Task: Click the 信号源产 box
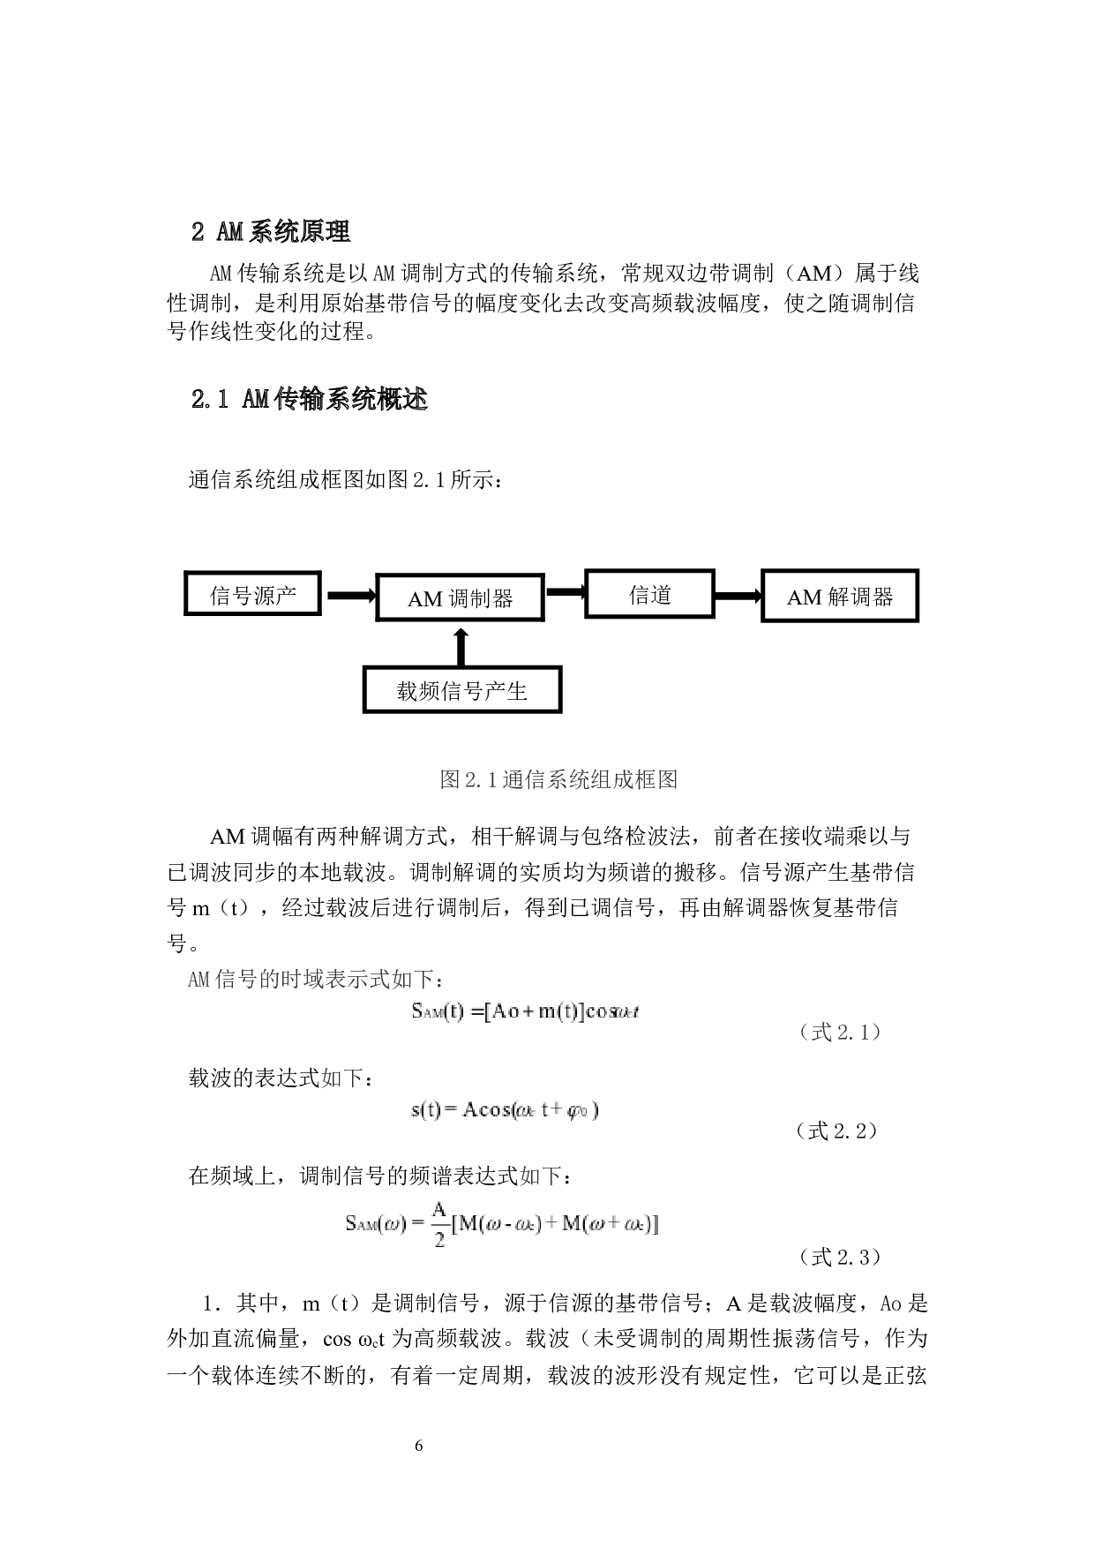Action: (252, 593)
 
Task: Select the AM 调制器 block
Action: (460, 598)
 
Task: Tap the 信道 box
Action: (650, 594)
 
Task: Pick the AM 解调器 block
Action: (840, 597)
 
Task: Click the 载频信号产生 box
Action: (462, 690)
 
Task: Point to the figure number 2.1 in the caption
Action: (481, 779)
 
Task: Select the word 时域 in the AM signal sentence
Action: (302, 980)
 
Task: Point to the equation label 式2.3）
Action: (850, 1256)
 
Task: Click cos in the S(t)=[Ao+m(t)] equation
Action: (602, 1011)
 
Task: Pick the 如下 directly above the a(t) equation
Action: (341, 1078)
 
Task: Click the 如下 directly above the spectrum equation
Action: (540, 1176)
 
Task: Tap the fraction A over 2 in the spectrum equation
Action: (439, 1223)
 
